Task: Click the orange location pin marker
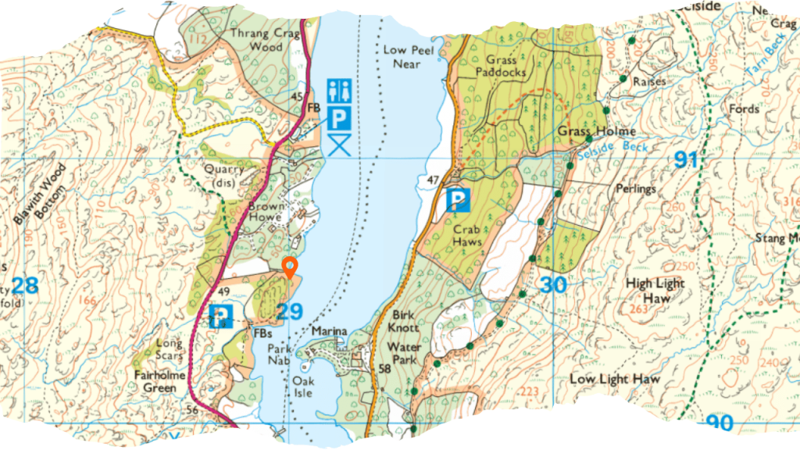pos(290,267)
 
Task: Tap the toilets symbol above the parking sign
pos(338,91)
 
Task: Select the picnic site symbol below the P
pos(338,145)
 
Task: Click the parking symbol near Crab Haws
pos(456,201)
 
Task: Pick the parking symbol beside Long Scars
pos(221,316)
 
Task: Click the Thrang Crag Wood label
pos(255,40)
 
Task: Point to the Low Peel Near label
pos(402,56)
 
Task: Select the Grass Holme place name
pos(596,130)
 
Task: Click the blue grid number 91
pos(686,161)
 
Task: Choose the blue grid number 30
pos(552,286)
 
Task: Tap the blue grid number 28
pos(25,285)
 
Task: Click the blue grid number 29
pos(290,312)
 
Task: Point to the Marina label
pos(329,332)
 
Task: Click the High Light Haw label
pos(655,290)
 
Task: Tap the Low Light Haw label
pos(615,379)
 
